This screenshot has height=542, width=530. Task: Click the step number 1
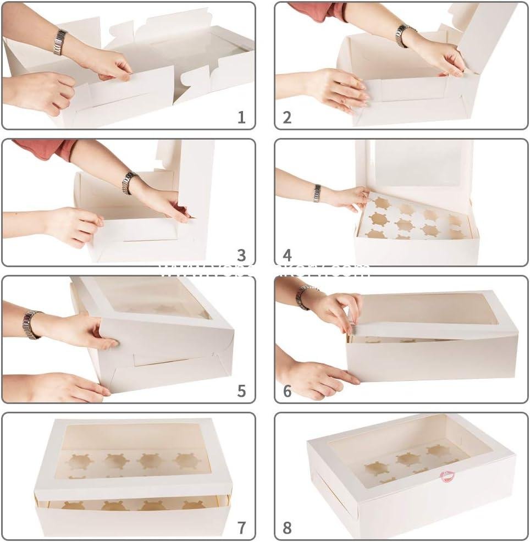click(241, 117)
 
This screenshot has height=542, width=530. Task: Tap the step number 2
click(287, 117)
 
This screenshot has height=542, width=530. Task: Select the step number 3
click(241, 255)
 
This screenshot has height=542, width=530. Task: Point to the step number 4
click(287, 255)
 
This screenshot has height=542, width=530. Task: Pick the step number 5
click(241, 391)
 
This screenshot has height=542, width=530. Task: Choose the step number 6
click(287, 391)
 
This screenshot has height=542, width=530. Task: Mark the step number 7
click(241, 528)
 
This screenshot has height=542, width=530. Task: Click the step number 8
click(287, 528)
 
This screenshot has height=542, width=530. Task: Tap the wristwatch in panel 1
click(60, 42)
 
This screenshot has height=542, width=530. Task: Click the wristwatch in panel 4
click(317, 193)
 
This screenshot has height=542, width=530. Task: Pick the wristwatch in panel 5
click(30, 324)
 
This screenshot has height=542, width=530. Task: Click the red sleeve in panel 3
click(44, 148)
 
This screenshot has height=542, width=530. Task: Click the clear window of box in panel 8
click(407, 456)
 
